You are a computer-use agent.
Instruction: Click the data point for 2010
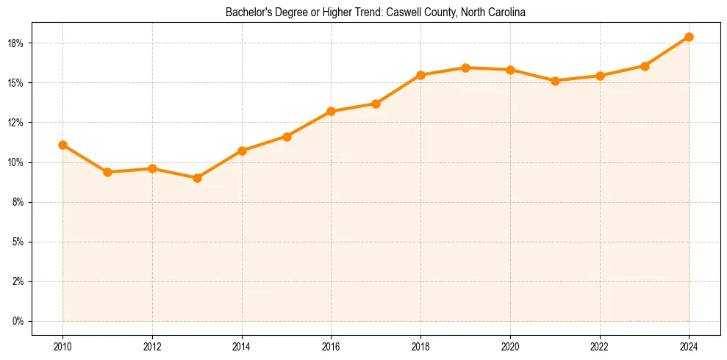pyautogui.click(x=63, y=145)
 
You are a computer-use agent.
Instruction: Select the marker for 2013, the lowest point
pyautogui.click(x=197, y=178)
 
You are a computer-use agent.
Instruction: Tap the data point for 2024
pyautogui.click(x=689, y=37)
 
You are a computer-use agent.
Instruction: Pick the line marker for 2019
pyautogui.click(x=465, y=68)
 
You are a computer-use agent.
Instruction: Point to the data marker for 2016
pyautogui.click(x=331, y=111)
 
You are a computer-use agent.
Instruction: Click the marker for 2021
pyautogui.click(x=555, y=81)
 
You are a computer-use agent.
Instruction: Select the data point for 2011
pyautogui.click(x=107, y=172)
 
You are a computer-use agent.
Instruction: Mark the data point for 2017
pyautogui.click(x=376, y=104)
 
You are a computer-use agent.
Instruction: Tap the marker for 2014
pyautogui.click(x=242, y=151)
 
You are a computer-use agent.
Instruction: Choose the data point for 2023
pyautogui.click(x=645, y=66)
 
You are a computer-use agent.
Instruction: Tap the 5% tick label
pyautogui.click(x=18, y=242)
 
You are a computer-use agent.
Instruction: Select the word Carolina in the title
pyautogui.click(x=505, y=13)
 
